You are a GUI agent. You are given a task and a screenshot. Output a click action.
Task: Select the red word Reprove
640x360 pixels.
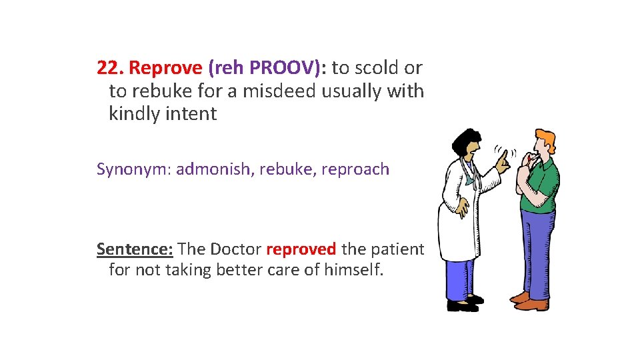tap(165, 68)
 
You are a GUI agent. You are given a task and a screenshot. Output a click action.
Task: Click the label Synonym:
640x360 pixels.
tap(133, 169)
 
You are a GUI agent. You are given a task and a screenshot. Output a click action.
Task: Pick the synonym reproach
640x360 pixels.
tap(355, 169)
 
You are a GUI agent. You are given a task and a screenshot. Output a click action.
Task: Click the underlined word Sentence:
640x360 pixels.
tap(135, 249)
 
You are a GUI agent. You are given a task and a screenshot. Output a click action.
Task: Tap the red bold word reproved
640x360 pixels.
tap(301, 249)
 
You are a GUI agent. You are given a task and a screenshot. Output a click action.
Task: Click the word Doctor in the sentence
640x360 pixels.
tap(235, 249)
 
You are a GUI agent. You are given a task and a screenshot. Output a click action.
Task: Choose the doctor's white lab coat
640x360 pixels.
tap(460, 213)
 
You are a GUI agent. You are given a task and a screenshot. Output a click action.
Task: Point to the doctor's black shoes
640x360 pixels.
tap(463, 305)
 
